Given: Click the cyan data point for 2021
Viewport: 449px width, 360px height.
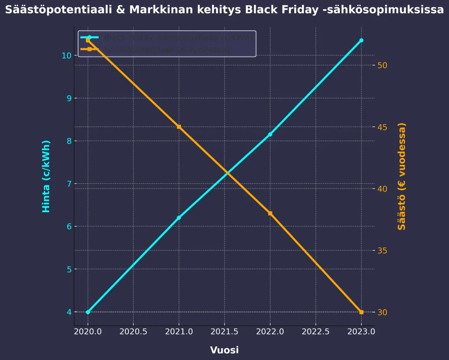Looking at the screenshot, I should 179,217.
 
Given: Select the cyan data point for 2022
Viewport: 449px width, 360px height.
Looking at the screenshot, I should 270,134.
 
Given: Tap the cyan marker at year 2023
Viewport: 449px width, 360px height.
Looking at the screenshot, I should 361,40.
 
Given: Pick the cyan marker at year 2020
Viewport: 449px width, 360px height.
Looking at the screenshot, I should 88,312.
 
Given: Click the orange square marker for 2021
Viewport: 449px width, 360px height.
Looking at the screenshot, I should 179,127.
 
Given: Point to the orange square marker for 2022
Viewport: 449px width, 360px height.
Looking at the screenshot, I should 270,214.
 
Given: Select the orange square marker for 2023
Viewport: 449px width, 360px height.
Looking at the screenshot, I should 361,312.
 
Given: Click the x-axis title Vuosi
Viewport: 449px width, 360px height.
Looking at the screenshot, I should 224,350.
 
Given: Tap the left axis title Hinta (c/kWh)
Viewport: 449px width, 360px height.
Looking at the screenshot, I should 46,177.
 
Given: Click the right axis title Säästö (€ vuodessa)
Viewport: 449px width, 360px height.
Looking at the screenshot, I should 402,177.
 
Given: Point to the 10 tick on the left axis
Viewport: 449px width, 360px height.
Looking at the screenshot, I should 66,56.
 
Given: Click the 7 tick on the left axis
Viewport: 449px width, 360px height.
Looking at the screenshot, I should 68,184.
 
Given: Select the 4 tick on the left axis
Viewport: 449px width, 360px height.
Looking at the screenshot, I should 68,312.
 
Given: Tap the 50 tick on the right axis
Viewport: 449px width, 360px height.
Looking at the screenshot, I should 382,65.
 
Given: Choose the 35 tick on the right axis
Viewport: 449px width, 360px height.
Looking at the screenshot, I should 382,251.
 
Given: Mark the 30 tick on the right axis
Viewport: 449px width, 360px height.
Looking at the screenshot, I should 382,312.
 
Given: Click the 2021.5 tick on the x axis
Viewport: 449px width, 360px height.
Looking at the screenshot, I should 224,332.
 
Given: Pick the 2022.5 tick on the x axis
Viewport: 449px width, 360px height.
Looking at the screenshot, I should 316,332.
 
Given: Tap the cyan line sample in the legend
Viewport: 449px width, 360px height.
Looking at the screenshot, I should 89,38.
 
